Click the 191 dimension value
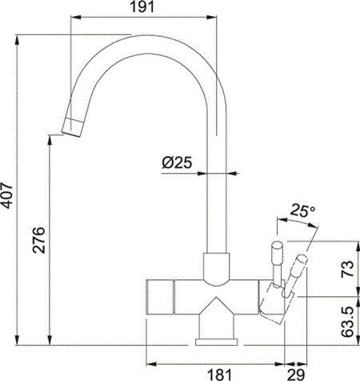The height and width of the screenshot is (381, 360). [x=142, y=6]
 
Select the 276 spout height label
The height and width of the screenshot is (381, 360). [x=39, y=240]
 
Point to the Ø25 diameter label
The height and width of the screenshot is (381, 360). [x=177, y=162]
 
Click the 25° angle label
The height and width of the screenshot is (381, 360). [x=302, y=211]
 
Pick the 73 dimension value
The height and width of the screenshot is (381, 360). [x=347, y=269]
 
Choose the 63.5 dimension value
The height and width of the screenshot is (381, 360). [x=347, y=322]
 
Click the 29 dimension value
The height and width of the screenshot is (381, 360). [x=296, y=375]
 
